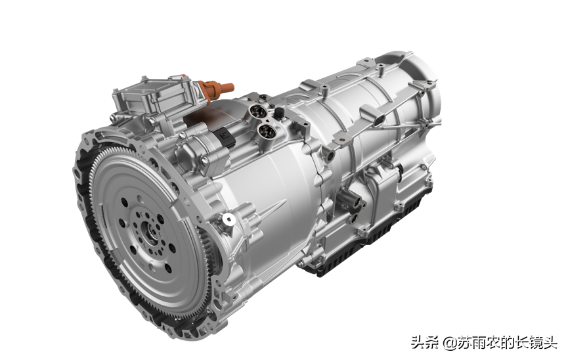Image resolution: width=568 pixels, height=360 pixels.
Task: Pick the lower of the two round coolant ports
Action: pyautogui.click(x=267, y=131)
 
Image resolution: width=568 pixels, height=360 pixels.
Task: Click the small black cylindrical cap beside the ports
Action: pyautogui.click(x=279, y=113)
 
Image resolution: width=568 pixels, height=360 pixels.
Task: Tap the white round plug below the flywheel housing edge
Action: pyautogui.click(x=229, y=219)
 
